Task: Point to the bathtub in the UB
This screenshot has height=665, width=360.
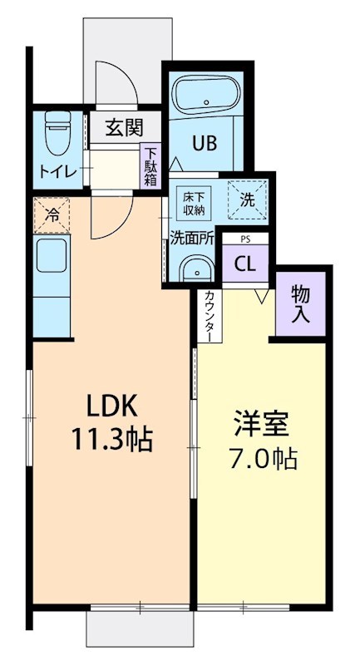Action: click(205, 98)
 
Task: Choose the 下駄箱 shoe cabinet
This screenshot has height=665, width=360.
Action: click(150, 167)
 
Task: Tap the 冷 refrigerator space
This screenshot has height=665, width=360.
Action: click(52, 215)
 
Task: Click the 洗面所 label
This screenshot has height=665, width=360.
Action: click(192, 237)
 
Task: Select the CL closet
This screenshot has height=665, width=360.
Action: click(244, 264)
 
